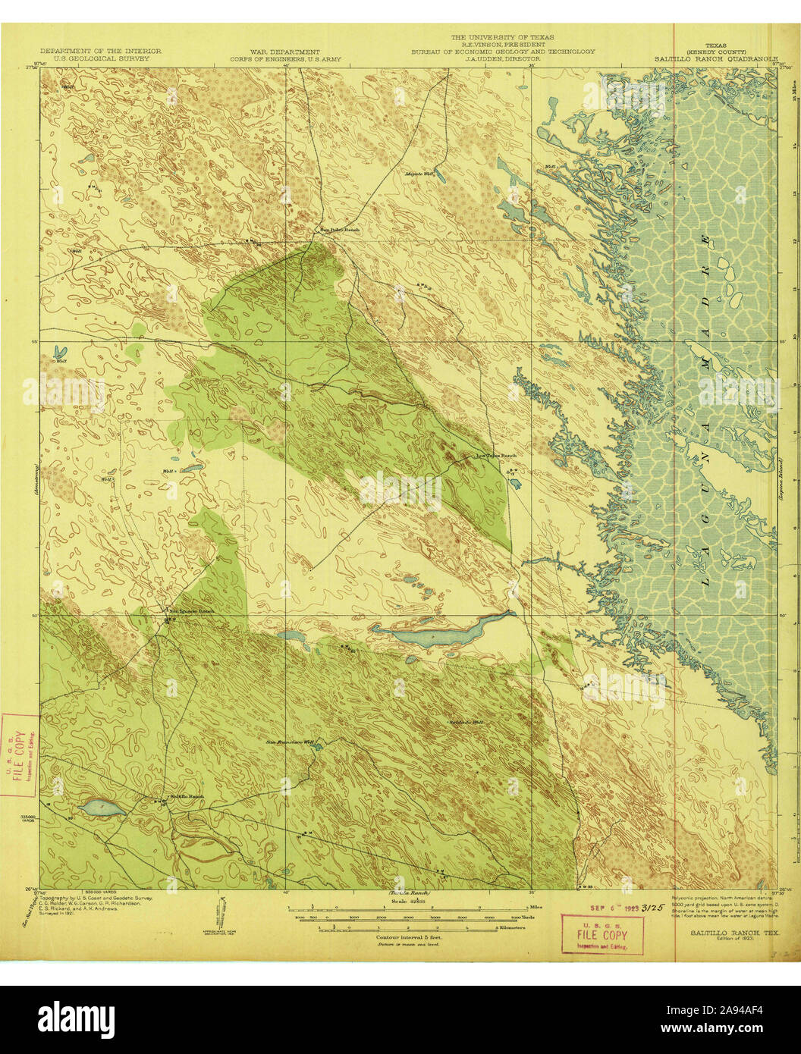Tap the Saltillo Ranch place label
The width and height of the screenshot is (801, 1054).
pos(186,796)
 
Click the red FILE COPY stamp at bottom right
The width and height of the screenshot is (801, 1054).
pos(602,935)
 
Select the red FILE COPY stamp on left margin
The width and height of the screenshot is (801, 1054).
pos(20,754)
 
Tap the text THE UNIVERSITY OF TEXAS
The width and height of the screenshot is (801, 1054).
pos(503,37)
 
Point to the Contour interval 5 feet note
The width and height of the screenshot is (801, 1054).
pos(410,937)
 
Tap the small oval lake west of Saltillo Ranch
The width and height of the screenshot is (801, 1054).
pos(102,808)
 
